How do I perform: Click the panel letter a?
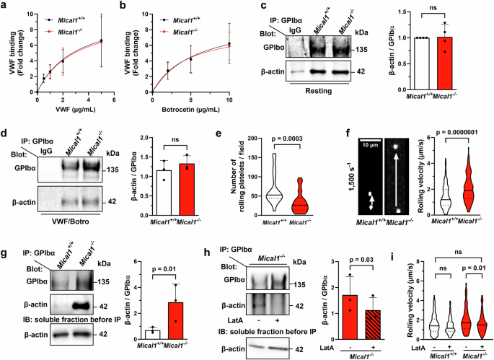coord(5,6)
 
